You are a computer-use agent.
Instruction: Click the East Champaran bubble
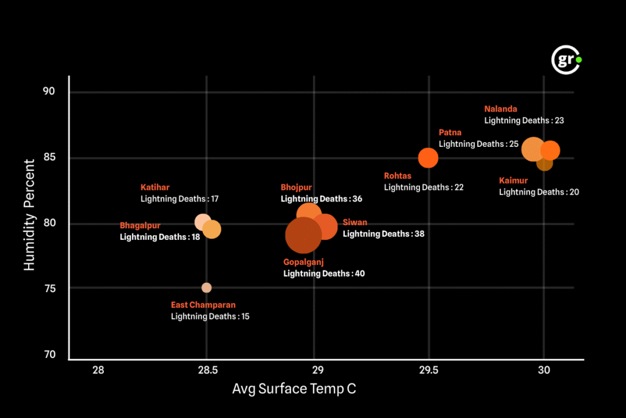[x=207, y=288]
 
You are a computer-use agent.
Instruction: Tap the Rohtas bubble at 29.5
[x=428, y=158]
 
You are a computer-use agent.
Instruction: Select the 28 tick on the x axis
[x=98, y=370]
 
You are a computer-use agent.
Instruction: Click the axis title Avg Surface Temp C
[x=294, y=389]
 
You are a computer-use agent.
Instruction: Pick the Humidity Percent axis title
[x=29, y=215]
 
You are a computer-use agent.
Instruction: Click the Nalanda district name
[x=501, y=110]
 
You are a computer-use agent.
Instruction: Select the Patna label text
[x=450, y=133]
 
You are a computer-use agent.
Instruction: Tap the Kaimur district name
[x=513, y=181]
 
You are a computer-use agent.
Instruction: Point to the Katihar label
[x=155, y=187]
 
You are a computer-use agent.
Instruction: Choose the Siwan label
[x=355, y=222]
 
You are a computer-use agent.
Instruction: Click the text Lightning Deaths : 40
[x=324, y=274]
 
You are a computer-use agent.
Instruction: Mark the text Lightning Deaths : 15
[x=210, y=316]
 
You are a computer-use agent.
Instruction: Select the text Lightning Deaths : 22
[x=424, y=187]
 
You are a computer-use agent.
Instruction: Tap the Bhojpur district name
[x=296, y=187]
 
